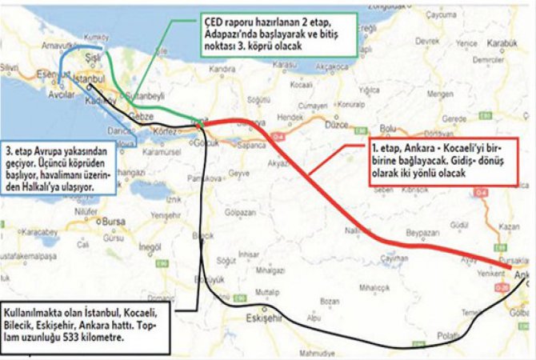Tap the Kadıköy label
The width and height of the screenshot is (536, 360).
(86, 102)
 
